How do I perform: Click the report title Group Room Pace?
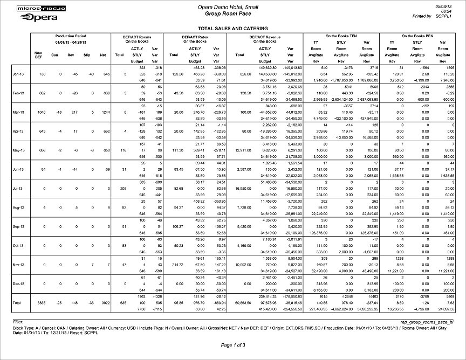coord(232,12)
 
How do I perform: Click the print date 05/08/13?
coord(450,5)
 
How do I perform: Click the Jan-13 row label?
coord(18,74)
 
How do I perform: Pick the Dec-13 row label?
coord(18,282)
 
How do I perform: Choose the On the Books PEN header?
coord(418,36)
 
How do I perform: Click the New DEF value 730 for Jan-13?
coord(38,74)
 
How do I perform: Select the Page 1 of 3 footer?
coord(232,344)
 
